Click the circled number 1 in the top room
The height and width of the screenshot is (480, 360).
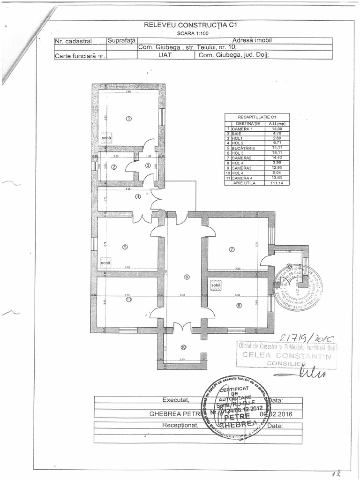point(129,119)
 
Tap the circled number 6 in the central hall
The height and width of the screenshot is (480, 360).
point(187,277)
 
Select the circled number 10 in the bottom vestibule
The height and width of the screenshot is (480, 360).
point(183,347)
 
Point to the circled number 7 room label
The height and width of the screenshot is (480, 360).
point(232,249)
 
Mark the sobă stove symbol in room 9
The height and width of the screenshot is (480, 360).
point(216,284)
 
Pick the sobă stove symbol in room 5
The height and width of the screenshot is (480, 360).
point(105,263)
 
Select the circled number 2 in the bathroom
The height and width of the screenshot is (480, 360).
point(113,167)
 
